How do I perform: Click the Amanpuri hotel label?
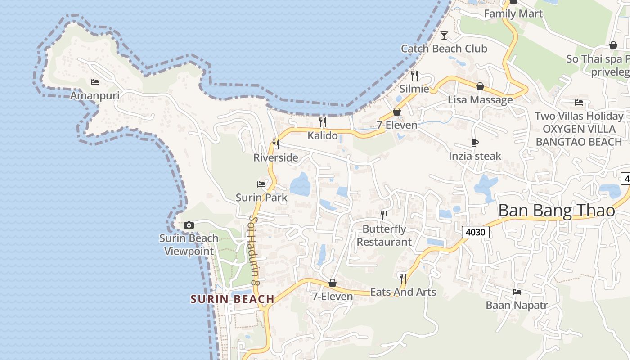pos(94,95)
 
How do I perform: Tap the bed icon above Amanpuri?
pos(94,82)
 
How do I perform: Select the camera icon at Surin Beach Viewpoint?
pos(189,225)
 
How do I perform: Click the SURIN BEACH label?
pos(232,299)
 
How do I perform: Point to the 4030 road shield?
pos(476,232)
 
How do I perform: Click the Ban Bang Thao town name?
pos(557,211)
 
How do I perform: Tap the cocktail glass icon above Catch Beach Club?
pos(444,35)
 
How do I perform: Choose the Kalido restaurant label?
pos(322,135)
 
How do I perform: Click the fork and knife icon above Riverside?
pos(276,144)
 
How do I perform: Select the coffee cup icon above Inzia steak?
pos(474,143)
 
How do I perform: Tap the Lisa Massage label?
pos(480,100)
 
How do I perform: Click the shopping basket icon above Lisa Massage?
pos(480,86)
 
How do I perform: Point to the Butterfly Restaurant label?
pos(384,235)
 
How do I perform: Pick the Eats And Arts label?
pos(403,292)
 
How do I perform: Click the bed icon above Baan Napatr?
pos(517,292)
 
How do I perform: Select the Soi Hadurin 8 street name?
pos(254,250)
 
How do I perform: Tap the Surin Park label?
pos(261,198)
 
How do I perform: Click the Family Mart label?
pos(513,14)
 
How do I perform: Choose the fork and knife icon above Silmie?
pos(414,75)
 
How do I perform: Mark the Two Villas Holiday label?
pos(579,116)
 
